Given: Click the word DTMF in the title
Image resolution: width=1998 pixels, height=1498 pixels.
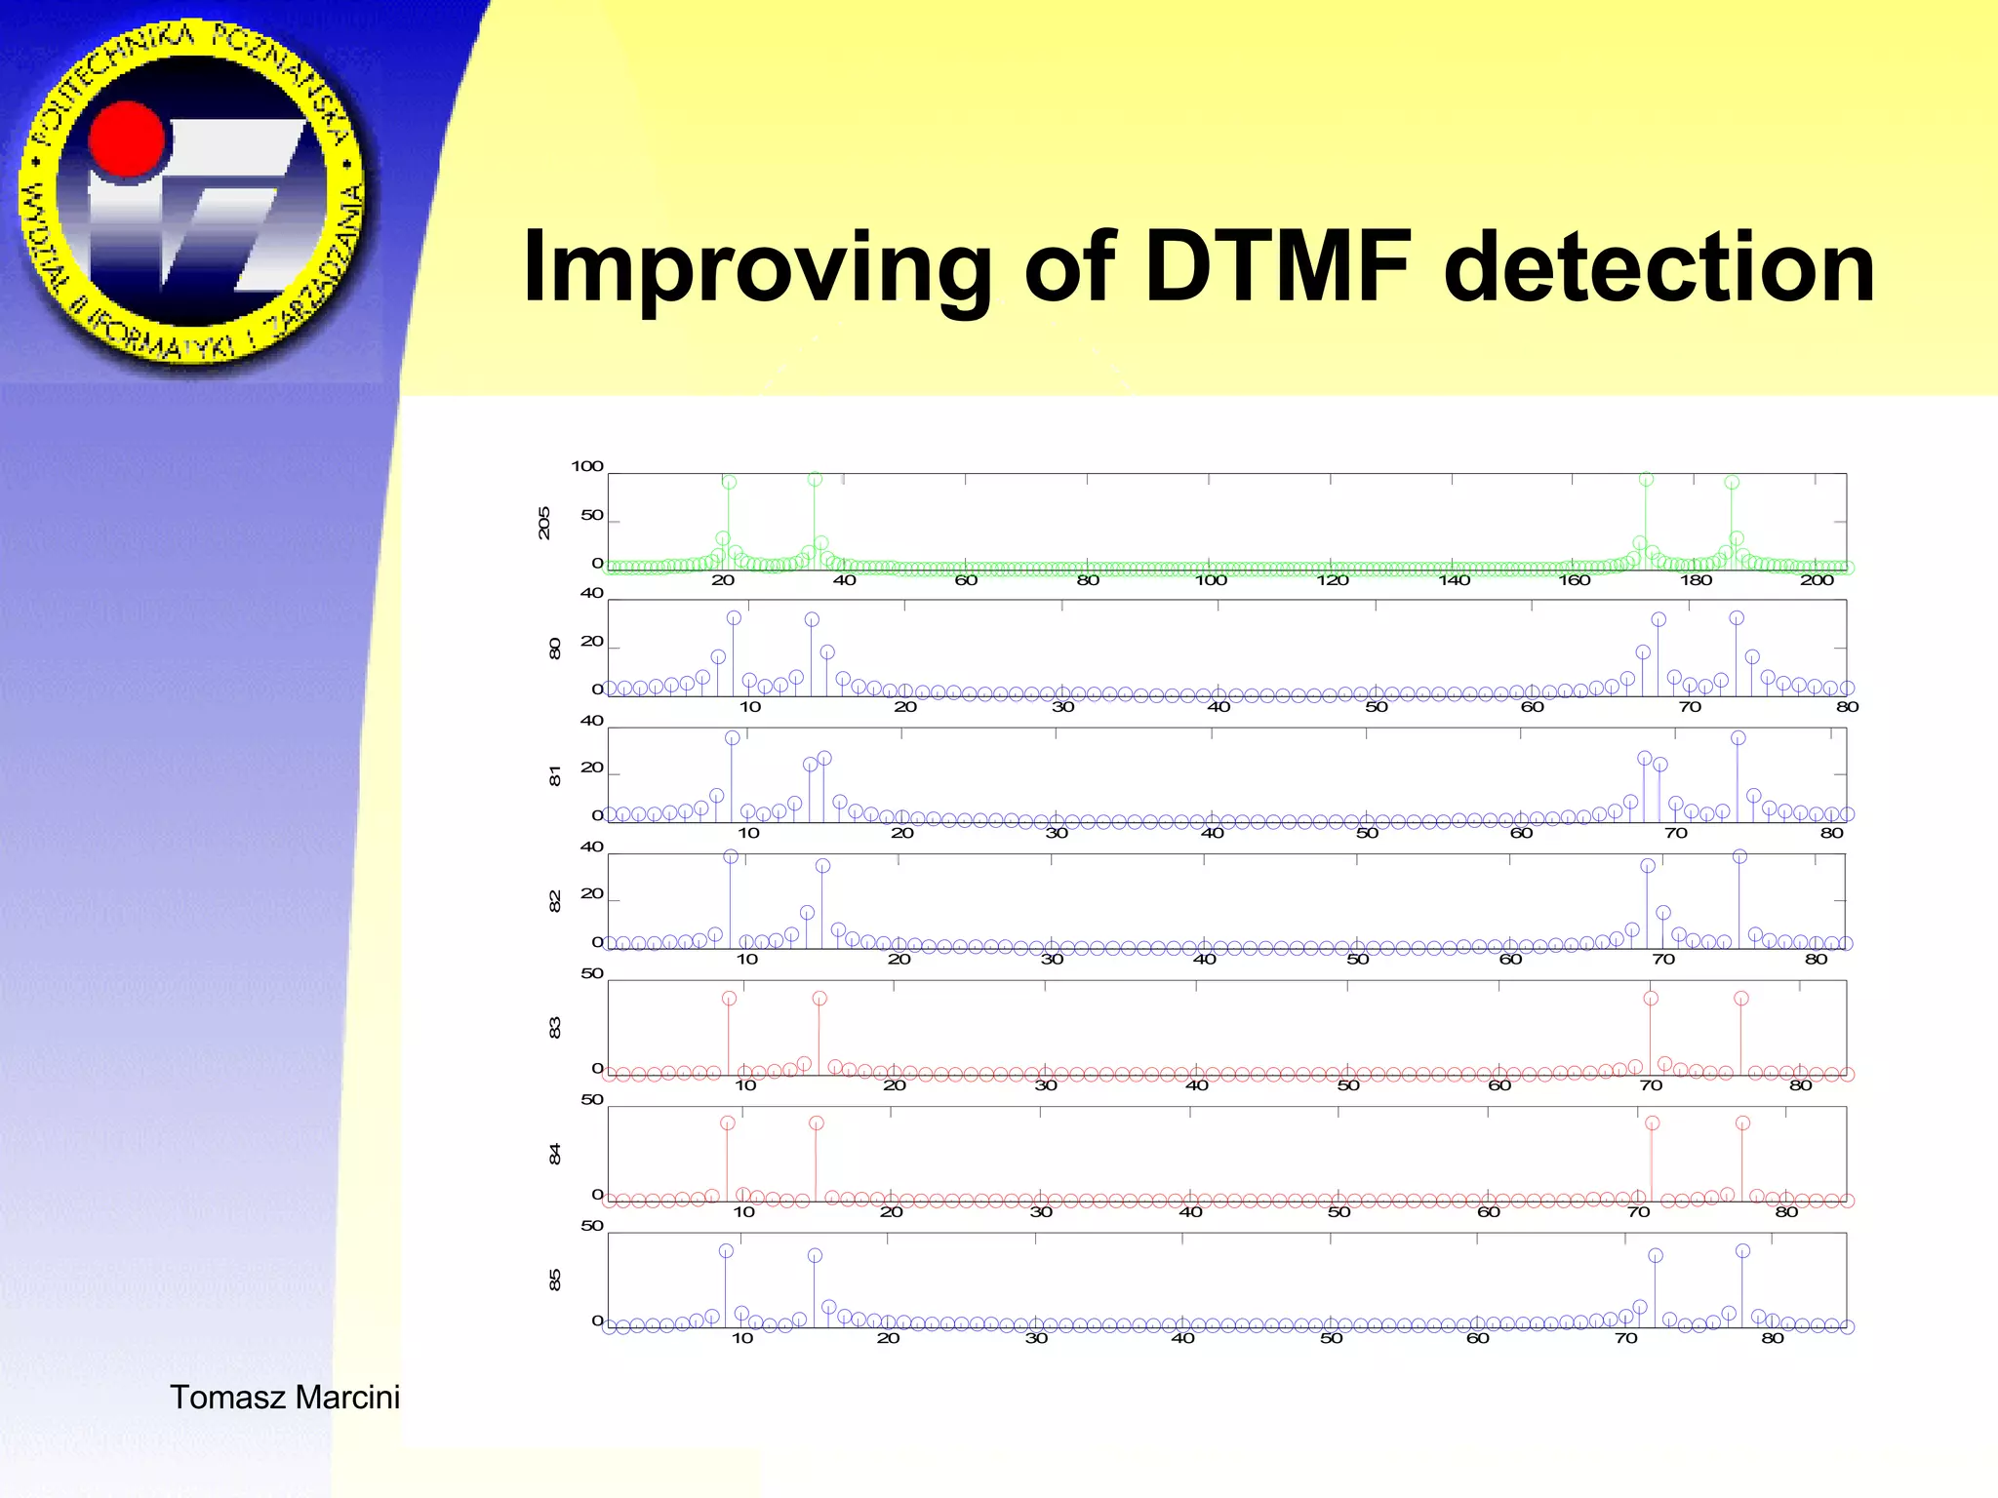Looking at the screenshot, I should pyautogui.click(x=1278, y=267).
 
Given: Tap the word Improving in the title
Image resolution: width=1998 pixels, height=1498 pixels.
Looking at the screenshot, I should pyautogui.click(x=757, y=269).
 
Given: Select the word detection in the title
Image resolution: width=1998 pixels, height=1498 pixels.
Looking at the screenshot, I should pyautogui.click(x=1658, y=267).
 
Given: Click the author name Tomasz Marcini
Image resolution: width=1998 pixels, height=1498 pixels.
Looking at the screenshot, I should pyautogui.click(x=285, y=1397).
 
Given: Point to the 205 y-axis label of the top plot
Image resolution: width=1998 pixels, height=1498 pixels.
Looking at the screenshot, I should pyautogui.click(x=544, y=523).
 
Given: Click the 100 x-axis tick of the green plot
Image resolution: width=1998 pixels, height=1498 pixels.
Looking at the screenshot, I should pyautogui.click(x=1211, y=580).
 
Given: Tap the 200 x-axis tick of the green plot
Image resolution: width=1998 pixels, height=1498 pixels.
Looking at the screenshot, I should pyautogui.click(x=1817, y=580).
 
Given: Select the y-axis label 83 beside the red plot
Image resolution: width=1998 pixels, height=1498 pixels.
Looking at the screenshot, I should pyautogui.click(x=555, y=1028).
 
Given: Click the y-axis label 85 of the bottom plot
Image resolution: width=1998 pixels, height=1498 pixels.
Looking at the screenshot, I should pyautogui.click(x=555, y=1280).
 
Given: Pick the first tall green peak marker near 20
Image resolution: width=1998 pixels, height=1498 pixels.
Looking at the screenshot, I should pyautogui.click(x=729, y=482).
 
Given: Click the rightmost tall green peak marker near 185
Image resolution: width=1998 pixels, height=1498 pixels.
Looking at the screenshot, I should pyautogui.click(x=1732, y=482).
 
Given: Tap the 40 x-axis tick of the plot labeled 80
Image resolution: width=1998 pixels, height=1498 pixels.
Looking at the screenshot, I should pyautogui.click(x=1219, y=707).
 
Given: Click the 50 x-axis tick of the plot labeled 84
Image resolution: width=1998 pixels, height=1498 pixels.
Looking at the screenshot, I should pyautogui.click(x=1339, y=1212).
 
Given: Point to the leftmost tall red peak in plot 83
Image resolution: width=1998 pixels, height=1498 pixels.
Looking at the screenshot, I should pyautogui.click(x=729, y=998).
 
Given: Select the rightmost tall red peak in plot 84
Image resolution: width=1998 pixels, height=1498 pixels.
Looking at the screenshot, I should pyautogui.click(x=1743, y=1123).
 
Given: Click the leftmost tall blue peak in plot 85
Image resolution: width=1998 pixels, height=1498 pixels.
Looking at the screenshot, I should pyautogui.click(x=726, y=1250).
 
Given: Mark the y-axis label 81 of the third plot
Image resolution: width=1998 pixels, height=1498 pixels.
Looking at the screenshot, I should pyautogui.click(x=555, y=776).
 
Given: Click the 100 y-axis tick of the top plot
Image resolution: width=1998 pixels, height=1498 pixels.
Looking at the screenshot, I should pyautogui.click(x=587, y=466).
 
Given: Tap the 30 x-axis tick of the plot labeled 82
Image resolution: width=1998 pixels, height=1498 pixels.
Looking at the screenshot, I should pyautogui.click(x=1052, y=960).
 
